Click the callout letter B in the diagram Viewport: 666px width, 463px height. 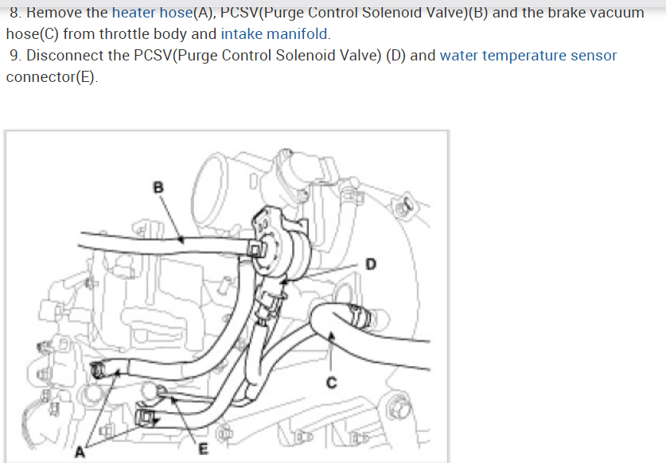pos(158,188)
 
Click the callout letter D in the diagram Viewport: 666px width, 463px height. pos(370,263)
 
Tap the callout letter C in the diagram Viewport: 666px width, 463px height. pos(333,383)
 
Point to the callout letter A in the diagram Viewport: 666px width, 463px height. pos(80,453)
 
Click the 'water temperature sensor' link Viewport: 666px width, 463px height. pos(528,56)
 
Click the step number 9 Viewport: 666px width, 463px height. pos(16,56)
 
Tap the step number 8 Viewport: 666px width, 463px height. pos(16,14)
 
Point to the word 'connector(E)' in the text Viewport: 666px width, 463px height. pos(52,77)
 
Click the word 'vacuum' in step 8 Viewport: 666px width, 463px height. pos(614,14)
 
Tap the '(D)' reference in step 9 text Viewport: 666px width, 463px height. pos(395,56)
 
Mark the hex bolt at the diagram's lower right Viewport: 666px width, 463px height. pos(398,409)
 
